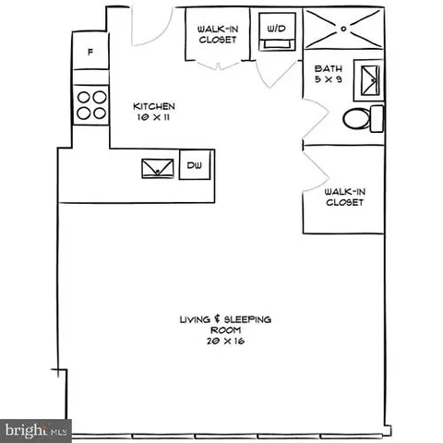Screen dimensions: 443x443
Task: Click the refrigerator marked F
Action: click(89, 53)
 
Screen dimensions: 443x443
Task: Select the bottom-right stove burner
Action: click(97, 114)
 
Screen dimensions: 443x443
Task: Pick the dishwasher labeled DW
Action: click(194, 165)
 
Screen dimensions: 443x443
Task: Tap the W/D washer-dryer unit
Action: click(275, 30)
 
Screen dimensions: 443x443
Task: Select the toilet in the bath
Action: click(360, 118)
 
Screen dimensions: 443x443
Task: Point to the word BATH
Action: click(328, 68)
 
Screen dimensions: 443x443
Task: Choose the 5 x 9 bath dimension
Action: click(328, 80)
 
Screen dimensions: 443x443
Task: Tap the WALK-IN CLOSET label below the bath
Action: click(343, 198)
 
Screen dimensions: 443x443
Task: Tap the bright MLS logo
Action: click(37, 429)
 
